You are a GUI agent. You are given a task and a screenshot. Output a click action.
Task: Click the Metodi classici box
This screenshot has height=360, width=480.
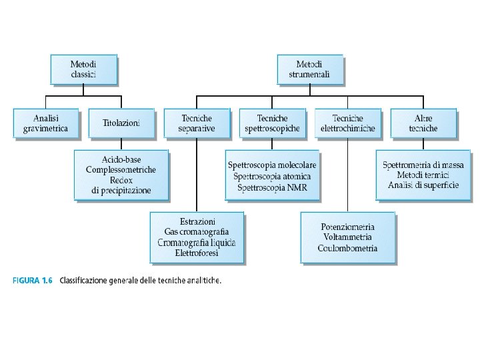tap(83, 69)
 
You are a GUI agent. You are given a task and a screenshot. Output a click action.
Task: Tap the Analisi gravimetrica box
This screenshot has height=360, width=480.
tap(45, 123)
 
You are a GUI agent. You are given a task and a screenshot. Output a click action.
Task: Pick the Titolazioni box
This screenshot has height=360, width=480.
tap(121, 123)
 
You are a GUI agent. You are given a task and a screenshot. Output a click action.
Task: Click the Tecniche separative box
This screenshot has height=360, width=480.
tap(197, 123)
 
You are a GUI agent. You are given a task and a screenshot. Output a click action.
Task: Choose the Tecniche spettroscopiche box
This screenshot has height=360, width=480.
tap(272, 123)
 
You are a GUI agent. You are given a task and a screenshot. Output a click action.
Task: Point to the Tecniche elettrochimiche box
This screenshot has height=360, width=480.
tap(348, 123)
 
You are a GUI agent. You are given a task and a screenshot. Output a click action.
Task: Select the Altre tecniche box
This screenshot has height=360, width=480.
tap(423, 123)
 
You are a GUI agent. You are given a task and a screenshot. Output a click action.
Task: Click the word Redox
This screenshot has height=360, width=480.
tap(121, 180)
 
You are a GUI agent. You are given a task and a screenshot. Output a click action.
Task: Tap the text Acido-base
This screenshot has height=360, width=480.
tap(121, 160)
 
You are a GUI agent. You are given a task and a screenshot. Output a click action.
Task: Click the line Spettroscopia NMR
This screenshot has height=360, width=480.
tap(272, 187)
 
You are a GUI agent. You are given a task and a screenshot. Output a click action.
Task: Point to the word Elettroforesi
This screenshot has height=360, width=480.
tap(197, 253)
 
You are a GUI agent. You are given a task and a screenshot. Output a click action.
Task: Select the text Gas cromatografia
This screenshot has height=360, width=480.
tap(197, 231)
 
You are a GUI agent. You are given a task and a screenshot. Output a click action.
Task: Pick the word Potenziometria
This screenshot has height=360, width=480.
tap(348, 226)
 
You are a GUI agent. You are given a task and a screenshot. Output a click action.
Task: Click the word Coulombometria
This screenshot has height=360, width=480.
tap(348, 248)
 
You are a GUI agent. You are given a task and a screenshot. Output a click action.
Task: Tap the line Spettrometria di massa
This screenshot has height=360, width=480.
tap(423, 165)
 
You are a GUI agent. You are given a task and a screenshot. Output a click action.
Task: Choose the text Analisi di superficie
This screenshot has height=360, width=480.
tap(423, 185)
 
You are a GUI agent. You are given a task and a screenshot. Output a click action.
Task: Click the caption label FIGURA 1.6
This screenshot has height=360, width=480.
tap(33, 281)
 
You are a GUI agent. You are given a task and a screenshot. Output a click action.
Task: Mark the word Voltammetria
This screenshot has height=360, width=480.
tap(348, 237)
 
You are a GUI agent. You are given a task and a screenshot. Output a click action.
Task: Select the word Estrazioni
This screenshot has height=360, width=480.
tap(197, 221)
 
